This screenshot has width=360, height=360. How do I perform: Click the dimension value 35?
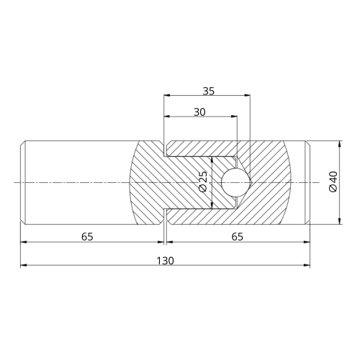pos(208,91)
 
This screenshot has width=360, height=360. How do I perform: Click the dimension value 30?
pos(199,112)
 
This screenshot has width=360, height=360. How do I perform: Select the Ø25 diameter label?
pos(203,181)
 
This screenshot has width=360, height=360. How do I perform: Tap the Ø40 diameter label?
pos(333,181)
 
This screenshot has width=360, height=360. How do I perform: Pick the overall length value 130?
pos(165,261)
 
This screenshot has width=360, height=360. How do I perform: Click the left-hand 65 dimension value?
pos(87,237)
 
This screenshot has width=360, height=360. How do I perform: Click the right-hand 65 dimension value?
pos(238,237)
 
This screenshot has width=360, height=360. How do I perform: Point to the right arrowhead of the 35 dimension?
pos(247,95)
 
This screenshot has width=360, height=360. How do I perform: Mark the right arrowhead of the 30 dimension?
pos(234,117)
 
